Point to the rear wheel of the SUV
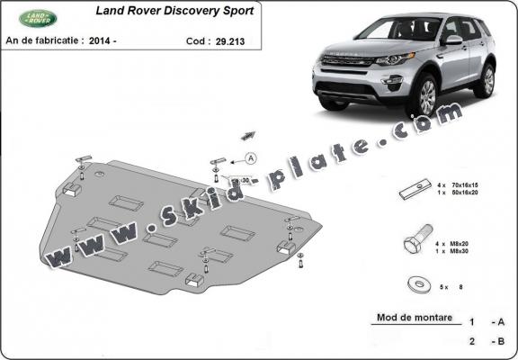(x=487, y=80)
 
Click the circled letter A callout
(x=249, y=158)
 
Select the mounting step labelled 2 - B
(x=487, y=342)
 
